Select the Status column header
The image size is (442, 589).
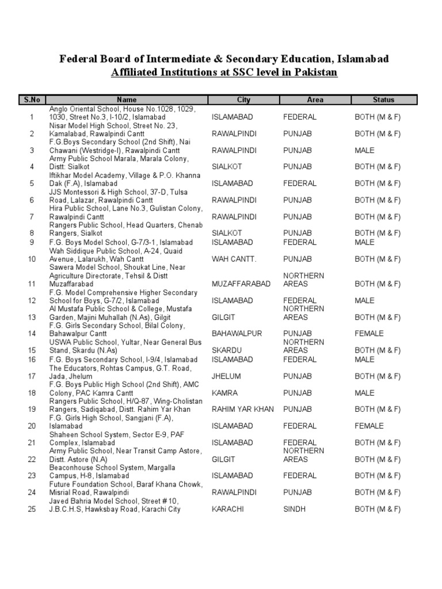click(383, 100)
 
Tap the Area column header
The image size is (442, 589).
click(315, 100)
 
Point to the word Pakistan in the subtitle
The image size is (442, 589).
click(315, 72)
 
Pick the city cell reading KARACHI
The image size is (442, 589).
click(227, 510)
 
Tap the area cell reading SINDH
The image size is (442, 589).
click(294, 510)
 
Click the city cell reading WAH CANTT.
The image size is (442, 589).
click(234, 259)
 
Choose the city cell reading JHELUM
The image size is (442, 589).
click(226, 376)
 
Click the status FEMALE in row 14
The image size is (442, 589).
click(369, 334)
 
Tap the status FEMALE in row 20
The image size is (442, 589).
click(369, 426)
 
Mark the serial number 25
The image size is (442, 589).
click(32, 510)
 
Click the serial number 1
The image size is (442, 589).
click(32, 117)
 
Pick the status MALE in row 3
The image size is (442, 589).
click(364, 151)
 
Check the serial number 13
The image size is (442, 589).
click(32, 317)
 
